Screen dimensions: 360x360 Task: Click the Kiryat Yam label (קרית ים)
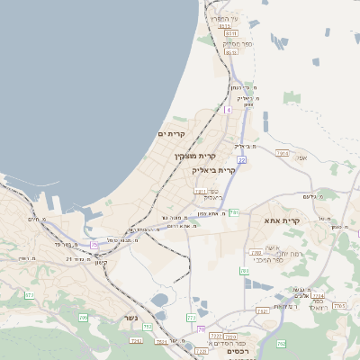click(171, 134)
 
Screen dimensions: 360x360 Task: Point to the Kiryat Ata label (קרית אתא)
click(282, 220)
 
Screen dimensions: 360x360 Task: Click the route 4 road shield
click(229, 109)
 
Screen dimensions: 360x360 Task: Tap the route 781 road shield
click(234, 212)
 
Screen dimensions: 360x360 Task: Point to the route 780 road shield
click(244, 271)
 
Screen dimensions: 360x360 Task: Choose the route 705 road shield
click(84, 318)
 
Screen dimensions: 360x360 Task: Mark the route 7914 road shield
click(283, 154)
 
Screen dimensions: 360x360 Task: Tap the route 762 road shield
click(281, 343)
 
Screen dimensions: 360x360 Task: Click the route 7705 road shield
click(339, 307)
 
